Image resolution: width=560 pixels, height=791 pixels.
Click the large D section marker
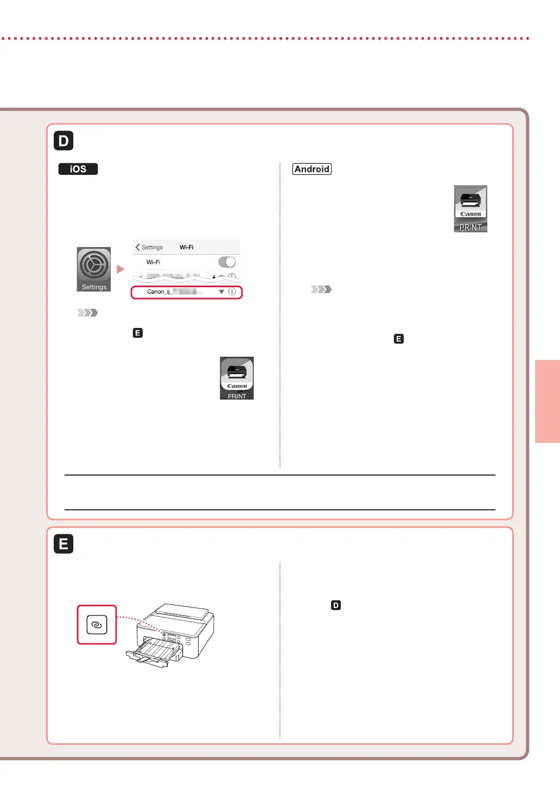(x=63, y=141)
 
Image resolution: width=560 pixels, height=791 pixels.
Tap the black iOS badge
(x=78, y=169)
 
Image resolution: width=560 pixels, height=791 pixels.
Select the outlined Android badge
(x=311, y=169)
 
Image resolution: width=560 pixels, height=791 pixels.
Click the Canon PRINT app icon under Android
(x=470, y=208)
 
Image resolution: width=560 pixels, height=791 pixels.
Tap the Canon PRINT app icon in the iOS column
(x=237, y=378)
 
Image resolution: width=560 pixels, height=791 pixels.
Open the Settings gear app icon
(x=94, y=269)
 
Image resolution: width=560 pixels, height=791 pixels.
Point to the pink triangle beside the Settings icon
(x=120, y=269)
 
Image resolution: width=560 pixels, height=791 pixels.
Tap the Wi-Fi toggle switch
(x=226, y=262)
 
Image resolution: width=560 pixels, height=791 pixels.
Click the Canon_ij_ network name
(x=159, y=292)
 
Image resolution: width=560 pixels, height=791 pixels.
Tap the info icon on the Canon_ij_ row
(x=232, y=292)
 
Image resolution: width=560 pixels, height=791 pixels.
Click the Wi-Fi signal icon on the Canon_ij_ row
(x=221, y=292)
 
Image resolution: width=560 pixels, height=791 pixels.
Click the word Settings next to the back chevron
(x=152, y=247)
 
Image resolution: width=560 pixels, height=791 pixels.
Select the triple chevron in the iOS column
(x=87, y=313)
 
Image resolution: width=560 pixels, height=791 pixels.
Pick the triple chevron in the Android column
(x=321, y=289)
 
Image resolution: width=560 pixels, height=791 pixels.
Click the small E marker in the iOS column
(x=138, y=333)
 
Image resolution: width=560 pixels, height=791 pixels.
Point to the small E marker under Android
(x=399, y=339)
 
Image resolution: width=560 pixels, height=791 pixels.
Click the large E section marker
(x=63, y=544)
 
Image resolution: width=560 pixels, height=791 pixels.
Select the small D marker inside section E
(x=336, y=605)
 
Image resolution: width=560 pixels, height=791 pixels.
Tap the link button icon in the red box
(x=97, y=625)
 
